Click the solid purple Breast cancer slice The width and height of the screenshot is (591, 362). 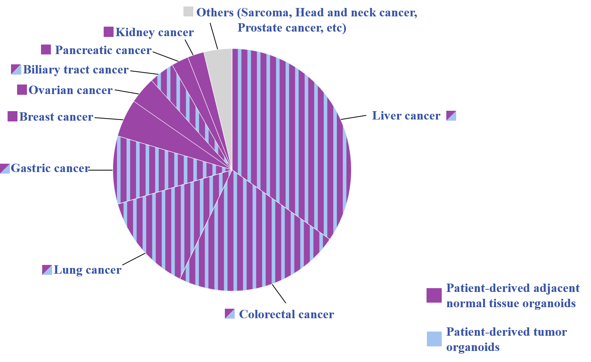(x=152, y=128)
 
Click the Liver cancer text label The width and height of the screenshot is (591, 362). (x=406, y=116)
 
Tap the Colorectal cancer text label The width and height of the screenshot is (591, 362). (x=286, y=314)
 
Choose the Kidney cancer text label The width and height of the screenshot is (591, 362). (x=155, y=32)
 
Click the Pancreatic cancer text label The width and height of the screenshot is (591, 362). (x=103, y=50)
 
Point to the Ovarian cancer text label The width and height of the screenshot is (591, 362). (x=70, y=90)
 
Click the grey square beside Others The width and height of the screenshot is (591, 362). (x=188, y=12)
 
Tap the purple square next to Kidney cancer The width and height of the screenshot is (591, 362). (x=109, y=32)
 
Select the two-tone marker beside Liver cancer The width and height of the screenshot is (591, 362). (x=451, y=116)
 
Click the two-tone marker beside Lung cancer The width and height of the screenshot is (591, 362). (x=47, y=270)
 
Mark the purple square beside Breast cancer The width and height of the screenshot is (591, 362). (x=13, y=116)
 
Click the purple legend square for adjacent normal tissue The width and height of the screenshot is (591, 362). (x=434, y=295)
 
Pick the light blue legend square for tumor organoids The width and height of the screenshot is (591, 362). (x=434, y=339)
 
